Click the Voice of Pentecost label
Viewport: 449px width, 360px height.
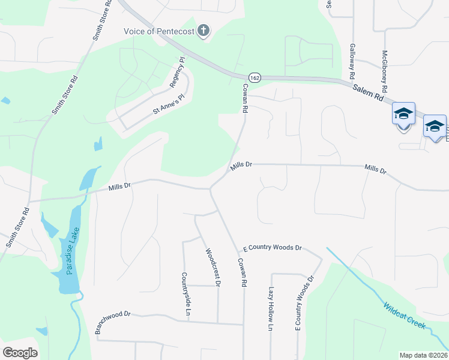(x=159, y=31)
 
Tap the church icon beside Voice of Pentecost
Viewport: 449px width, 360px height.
(x=203, y=30)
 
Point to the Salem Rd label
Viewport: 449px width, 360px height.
(x=367, y=92)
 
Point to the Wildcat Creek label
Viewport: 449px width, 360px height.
(x=405, y=316)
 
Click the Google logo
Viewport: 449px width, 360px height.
(x=20, y=353)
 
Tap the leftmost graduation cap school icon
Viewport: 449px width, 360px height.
(x=403, y=113)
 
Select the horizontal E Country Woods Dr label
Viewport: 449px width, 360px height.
(x=272, y=247)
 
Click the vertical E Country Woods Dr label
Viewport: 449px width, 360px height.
(x=304, y=303)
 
